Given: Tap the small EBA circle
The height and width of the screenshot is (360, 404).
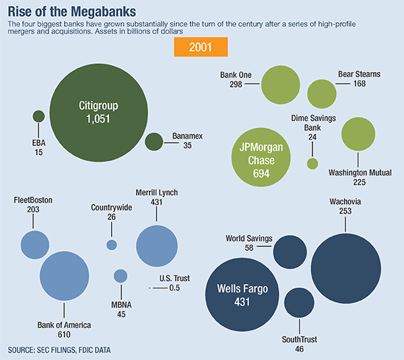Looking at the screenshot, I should pos(38,116).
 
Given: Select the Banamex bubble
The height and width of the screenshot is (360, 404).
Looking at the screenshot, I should pos(154,141).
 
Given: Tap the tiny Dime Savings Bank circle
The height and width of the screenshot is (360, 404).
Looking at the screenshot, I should pos(312,164).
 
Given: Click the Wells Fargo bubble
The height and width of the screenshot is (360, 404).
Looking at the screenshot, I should pos(242,295).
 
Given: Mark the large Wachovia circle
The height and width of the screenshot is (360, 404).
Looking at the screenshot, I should pos(346,268).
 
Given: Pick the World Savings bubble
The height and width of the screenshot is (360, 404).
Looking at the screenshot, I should pos(290,252).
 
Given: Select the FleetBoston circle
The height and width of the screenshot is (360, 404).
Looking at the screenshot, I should pos(35,245).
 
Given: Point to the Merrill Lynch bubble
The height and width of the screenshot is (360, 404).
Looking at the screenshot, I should pos(157,247).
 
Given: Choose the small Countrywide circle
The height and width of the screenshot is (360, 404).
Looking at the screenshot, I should pos(112,245).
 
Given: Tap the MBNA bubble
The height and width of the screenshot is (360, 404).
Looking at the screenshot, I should pos(121,276).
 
